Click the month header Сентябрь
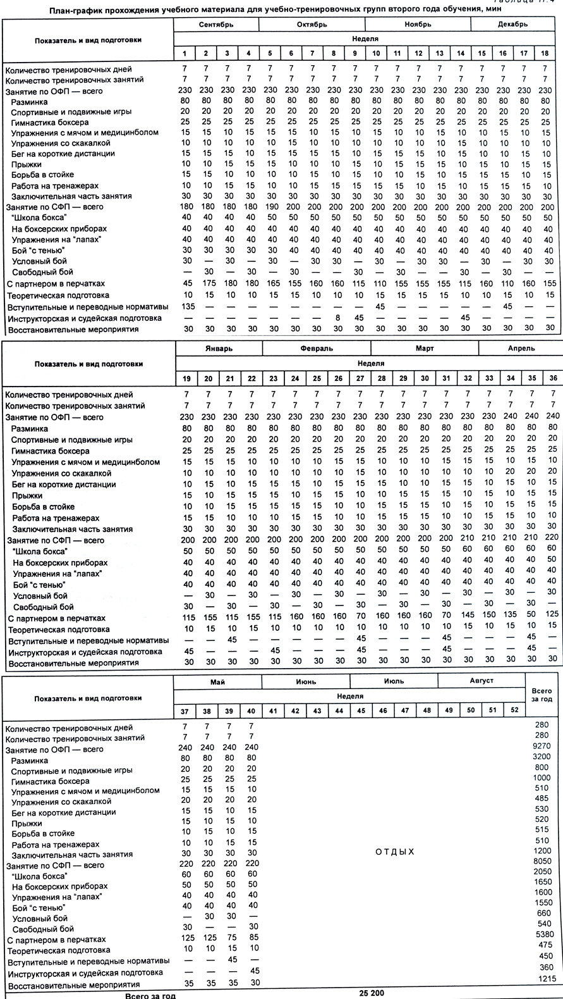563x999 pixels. pos(216,25)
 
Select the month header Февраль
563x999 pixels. pos(317,349)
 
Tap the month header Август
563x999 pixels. pos(481,681)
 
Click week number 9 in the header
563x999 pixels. pos(355,53)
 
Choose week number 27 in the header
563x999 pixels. pos(360,378)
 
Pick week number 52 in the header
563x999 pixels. pos(514,710)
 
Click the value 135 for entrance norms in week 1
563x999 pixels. pos(186,306)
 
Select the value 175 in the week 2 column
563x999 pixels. pos(206,283)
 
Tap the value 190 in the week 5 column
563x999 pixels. pos(270,207)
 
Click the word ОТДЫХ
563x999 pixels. pos(395,852)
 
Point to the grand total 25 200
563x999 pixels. pos(372,992)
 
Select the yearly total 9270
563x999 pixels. pos(542,747)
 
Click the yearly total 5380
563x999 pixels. pos(542,934)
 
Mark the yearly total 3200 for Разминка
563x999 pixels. pos(542,757)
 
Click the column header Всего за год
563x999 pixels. pos(542,695)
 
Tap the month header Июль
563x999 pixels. pos(393,681)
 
